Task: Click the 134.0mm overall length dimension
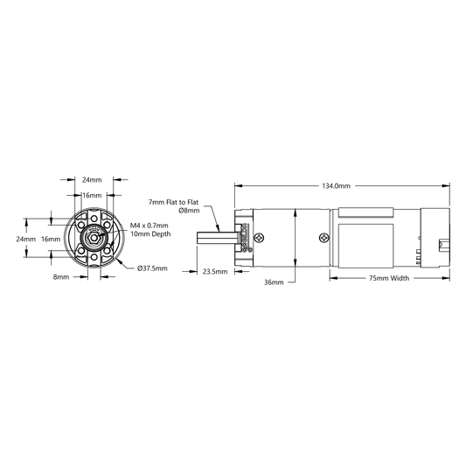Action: coord(336,186)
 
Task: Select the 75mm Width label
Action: coord(389,278)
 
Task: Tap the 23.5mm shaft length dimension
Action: coord(215,272)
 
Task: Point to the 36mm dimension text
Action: coord(274,282)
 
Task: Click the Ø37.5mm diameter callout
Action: coord(152,268)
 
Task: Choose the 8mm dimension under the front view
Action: coord(61,277)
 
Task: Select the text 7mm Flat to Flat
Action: coord(174,202)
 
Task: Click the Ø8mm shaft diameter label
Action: coord(190,211)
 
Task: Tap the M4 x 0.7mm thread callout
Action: coord(150,226)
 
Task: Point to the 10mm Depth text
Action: coord(150,234)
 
